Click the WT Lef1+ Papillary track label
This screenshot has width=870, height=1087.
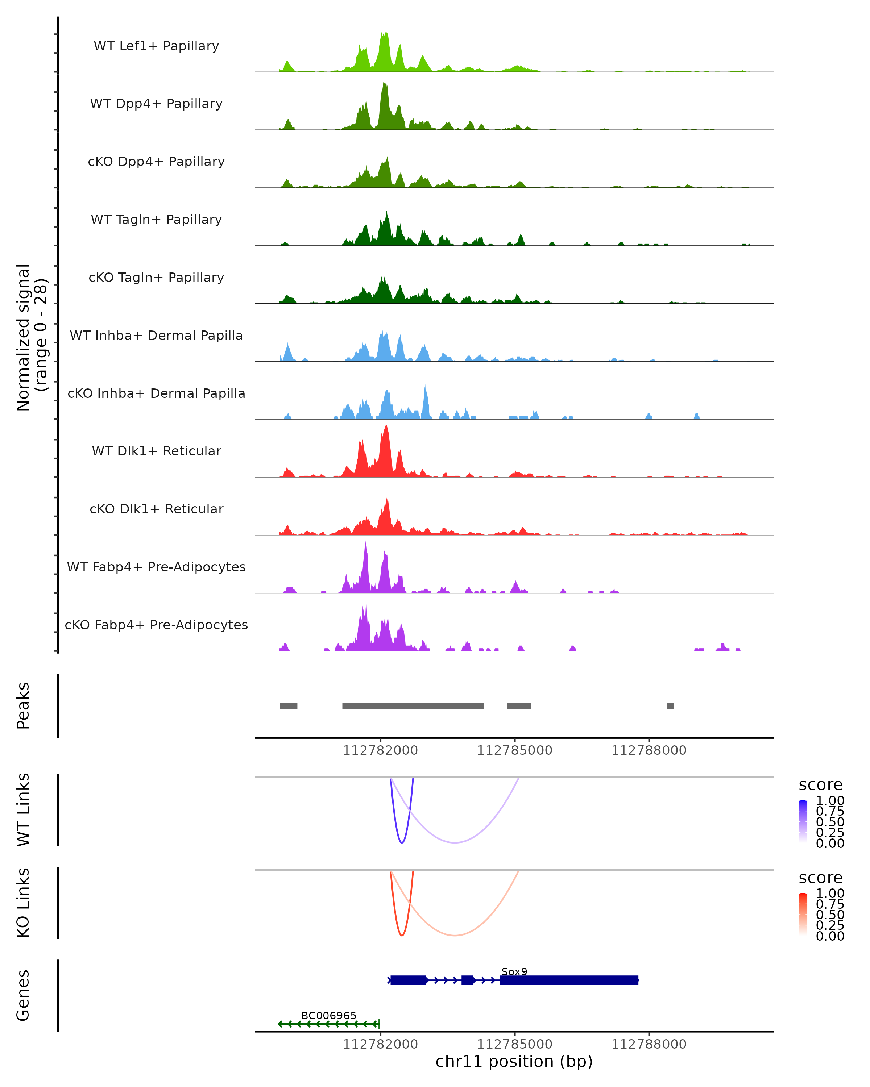point(156,46)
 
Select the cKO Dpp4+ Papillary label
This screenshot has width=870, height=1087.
point(156,161)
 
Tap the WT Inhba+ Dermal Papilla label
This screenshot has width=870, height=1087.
point(156,335)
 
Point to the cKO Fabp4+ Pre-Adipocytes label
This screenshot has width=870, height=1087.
point(156,625)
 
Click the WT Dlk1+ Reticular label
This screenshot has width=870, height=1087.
point(156,451)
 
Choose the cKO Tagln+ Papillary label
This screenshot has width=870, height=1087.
point(156,277)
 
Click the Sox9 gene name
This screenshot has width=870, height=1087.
point(514,971)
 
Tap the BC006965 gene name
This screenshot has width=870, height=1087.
point(329,1015)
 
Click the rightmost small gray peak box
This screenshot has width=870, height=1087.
point(670,706)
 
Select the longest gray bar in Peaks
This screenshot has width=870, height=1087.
point(413,706)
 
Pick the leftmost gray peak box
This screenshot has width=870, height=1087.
point(289,706)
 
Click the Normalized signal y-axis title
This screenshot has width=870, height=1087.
point(31,337)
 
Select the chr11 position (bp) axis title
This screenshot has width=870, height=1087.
point(514,1061)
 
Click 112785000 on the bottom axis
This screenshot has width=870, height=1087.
point(514,1044)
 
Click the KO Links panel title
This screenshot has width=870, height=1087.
point(23,903)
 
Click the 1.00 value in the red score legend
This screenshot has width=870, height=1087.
point(830,893)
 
